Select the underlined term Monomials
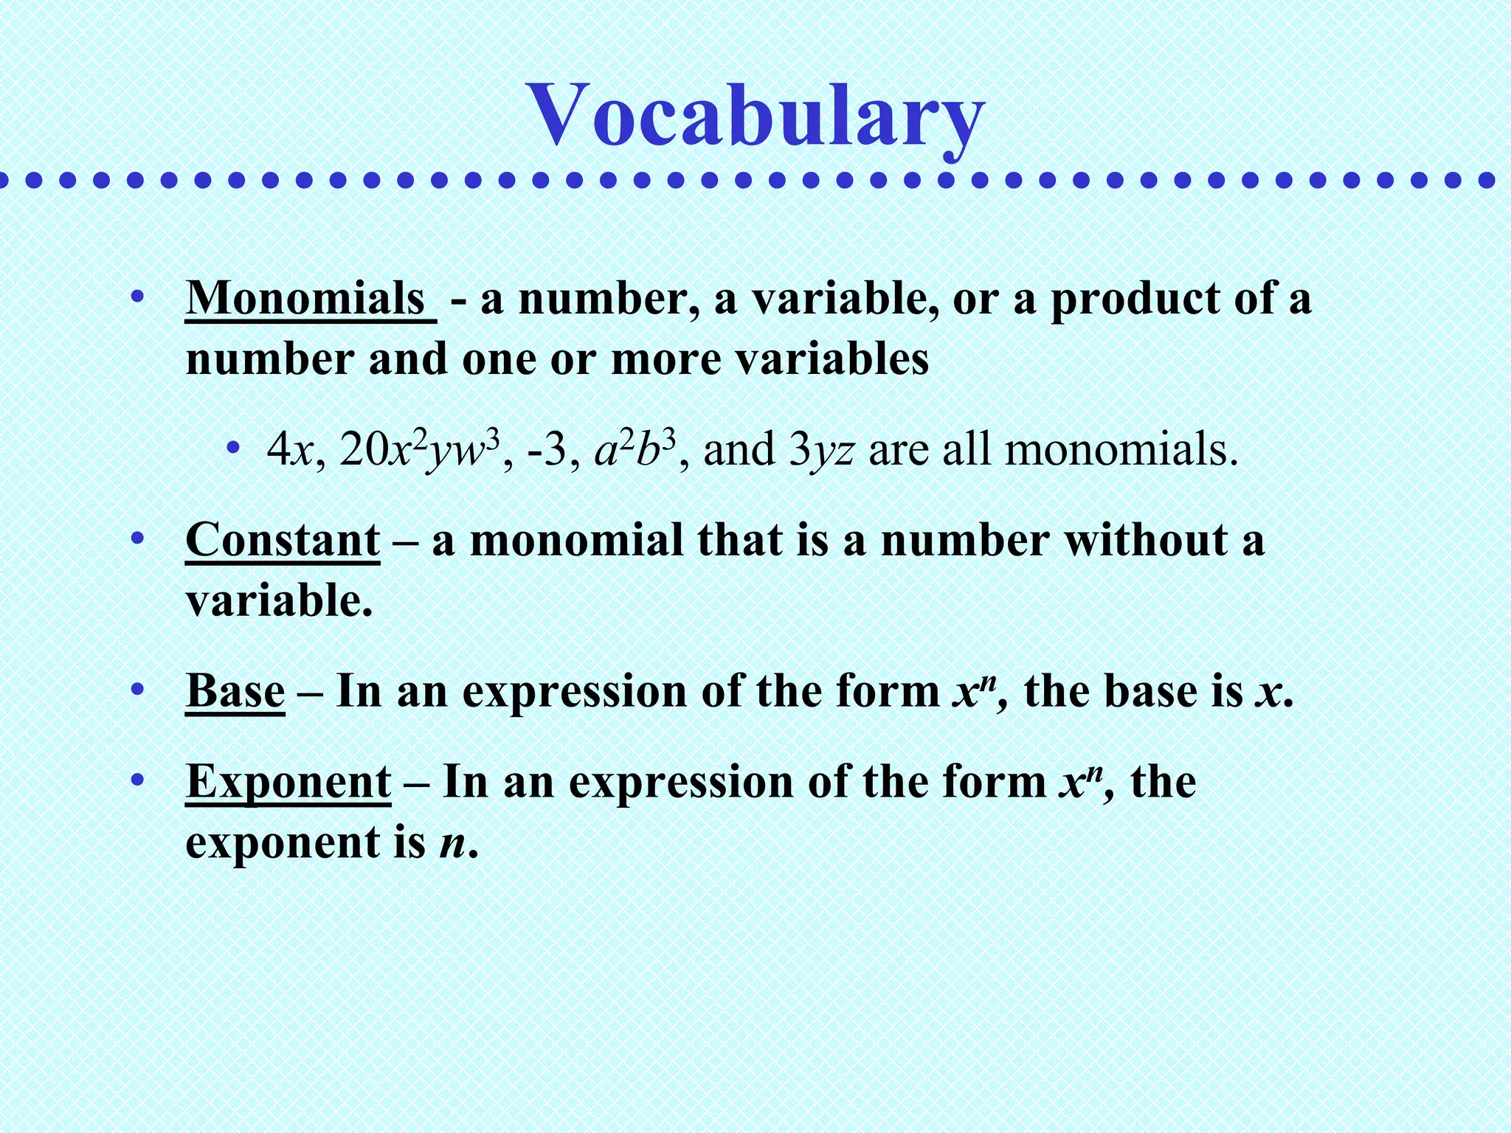(306, 299)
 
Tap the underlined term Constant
(283, 540)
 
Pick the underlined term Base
(235, 692)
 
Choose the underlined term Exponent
(288, 782)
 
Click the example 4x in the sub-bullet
(291, 450)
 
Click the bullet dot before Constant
(136, 538)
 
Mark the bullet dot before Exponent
(136, 780)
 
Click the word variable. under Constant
(279, 600)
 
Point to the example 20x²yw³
(419, 450)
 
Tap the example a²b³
(635, 450)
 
